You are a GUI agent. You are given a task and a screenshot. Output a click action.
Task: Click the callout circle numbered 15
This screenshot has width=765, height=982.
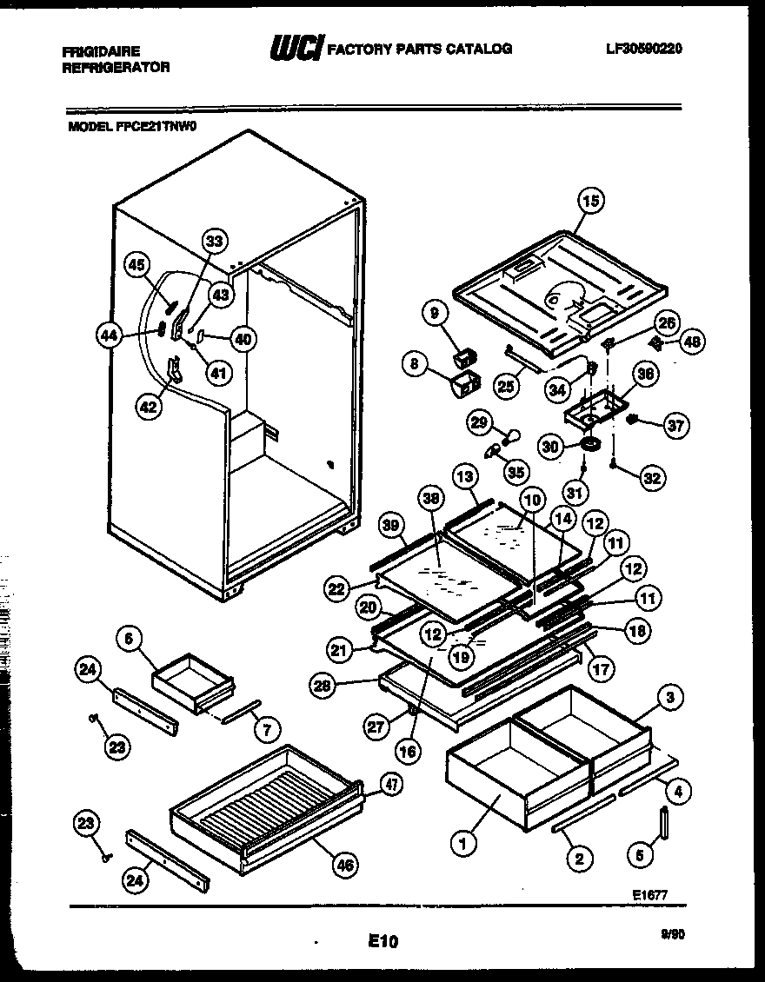pyautogui.click(x=589, y=202)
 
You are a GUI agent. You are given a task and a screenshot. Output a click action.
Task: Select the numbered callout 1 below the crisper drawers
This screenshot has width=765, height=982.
pyautogui.click(x=462, y=841)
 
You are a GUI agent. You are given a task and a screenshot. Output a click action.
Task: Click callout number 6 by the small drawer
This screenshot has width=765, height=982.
pyautogui.click(x=130, y=639)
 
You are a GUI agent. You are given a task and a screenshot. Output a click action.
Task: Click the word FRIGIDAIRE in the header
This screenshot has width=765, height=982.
pyautogui.click(x=101, y=51)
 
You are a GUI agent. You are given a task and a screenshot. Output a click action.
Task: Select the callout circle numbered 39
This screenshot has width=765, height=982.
pyautogui.click(x=393, y=525)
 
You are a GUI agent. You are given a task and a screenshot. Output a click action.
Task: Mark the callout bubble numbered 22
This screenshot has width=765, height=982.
pyautogui.click(x=337, y=588)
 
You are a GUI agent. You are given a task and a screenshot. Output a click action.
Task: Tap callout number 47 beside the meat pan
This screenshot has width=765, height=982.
pyautogui.click(x=391, y=784)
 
